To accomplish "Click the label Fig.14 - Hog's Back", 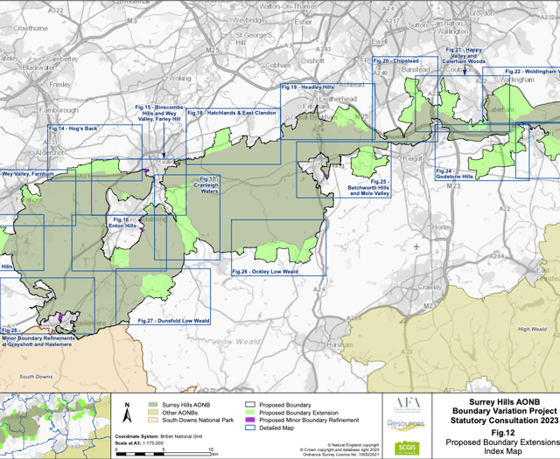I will click(x=73, y=129).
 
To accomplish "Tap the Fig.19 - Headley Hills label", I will click(x=307, y=88).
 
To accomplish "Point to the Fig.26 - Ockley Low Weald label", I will click(x=265, y=272).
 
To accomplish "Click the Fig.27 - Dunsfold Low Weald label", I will click(x=174, y=321).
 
